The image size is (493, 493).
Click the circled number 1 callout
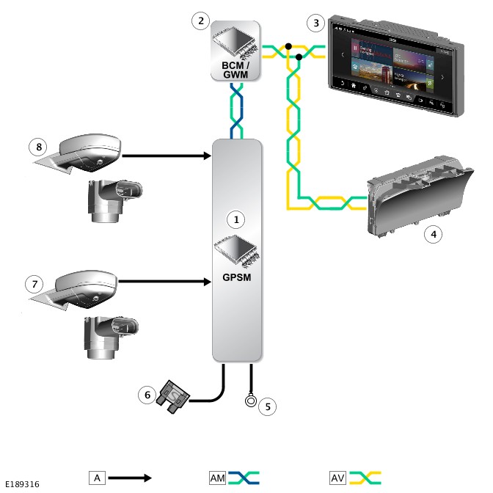235,219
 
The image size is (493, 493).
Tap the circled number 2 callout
200,21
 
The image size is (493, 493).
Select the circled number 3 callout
315,23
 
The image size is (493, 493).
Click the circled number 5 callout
269,405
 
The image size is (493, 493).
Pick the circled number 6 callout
147,395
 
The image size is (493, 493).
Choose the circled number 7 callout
31,282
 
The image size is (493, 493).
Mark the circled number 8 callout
39,147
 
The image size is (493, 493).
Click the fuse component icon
174,398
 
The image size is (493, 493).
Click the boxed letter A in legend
97,478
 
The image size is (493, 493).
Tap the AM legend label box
218,478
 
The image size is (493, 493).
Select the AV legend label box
338,478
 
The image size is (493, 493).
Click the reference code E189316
22,484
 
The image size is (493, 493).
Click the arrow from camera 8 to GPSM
166,155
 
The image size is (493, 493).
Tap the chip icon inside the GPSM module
237,253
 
